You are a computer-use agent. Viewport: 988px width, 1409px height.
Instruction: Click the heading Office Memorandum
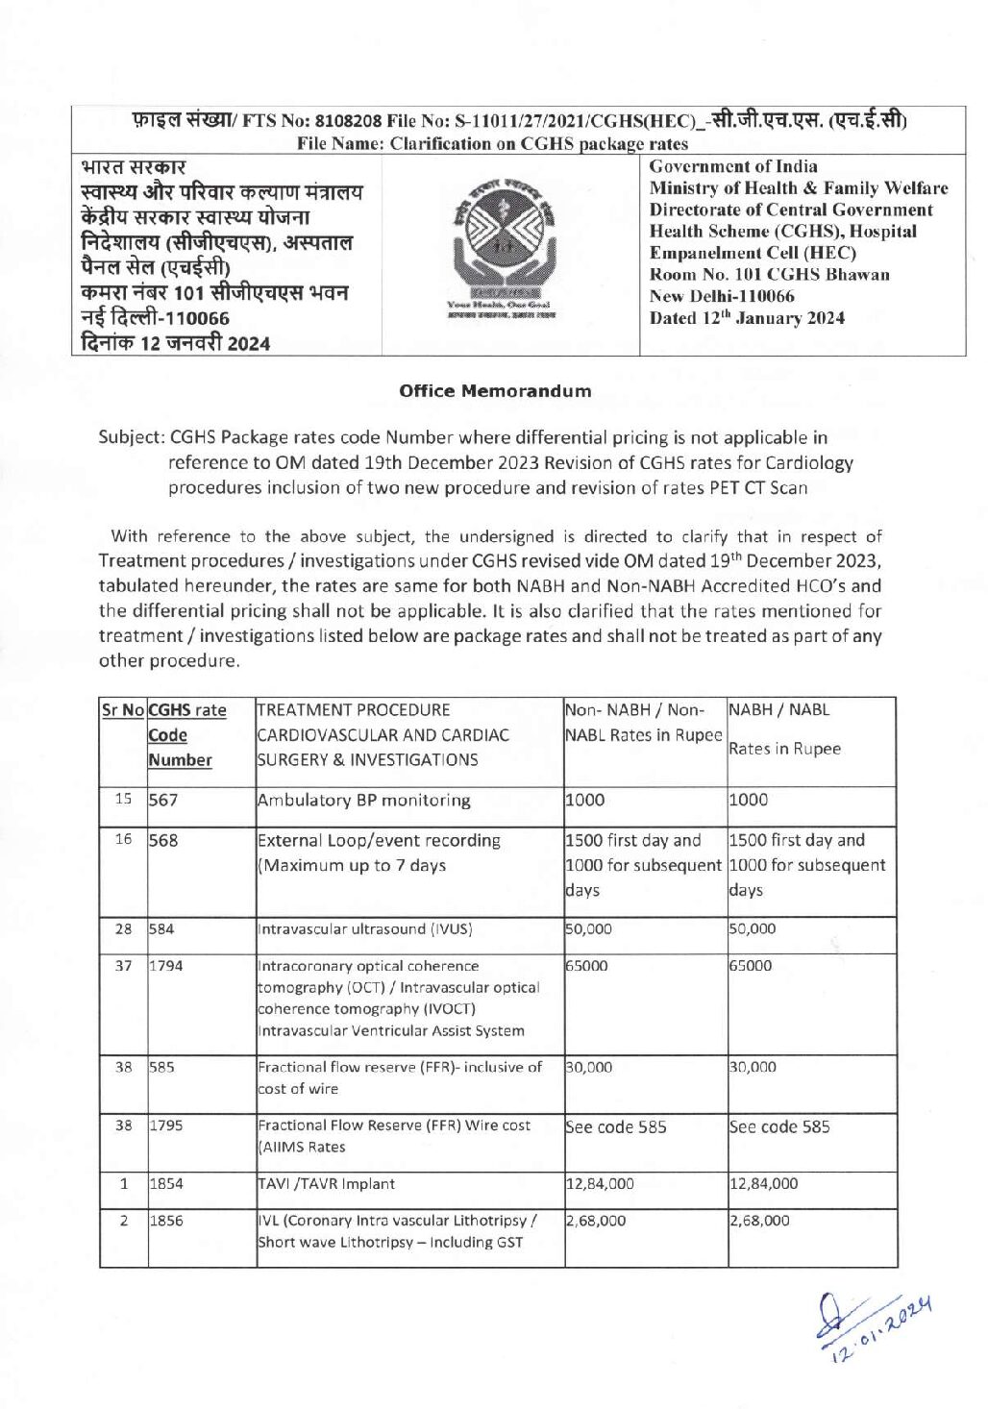click(495, 391)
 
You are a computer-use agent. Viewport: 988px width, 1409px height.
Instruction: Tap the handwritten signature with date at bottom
click(872, 1324)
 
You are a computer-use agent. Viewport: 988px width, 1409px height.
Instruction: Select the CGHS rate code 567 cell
click(163, 800)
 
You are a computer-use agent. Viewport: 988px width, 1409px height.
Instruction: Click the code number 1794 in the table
click(165, 966)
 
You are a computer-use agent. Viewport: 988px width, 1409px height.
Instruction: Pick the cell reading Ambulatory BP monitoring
click(363, 800)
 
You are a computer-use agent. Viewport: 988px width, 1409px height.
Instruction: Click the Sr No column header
click(123, 710)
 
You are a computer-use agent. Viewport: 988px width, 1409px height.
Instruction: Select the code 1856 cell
click(165, 1221)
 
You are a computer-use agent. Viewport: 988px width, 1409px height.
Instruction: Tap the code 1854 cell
click(165, 1184)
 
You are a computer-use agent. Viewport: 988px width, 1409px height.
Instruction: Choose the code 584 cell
click(162, 929)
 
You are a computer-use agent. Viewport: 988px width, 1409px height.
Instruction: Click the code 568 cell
click(163, 840)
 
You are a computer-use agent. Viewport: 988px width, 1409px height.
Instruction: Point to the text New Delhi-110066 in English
click(722, 296)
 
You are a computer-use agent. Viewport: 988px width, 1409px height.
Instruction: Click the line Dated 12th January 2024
click(747, 318)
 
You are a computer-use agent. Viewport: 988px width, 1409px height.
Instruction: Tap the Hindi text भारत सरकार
click(134, 167)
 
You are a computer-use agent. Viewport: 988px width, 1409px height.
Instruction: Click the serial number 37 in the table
click(123, 966)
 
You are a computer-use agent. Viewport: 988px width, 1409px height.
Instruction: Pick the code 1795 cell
click(165, 1125)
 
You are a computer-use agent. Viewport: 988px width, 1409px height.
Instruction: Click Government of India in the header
click(733, 166)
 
